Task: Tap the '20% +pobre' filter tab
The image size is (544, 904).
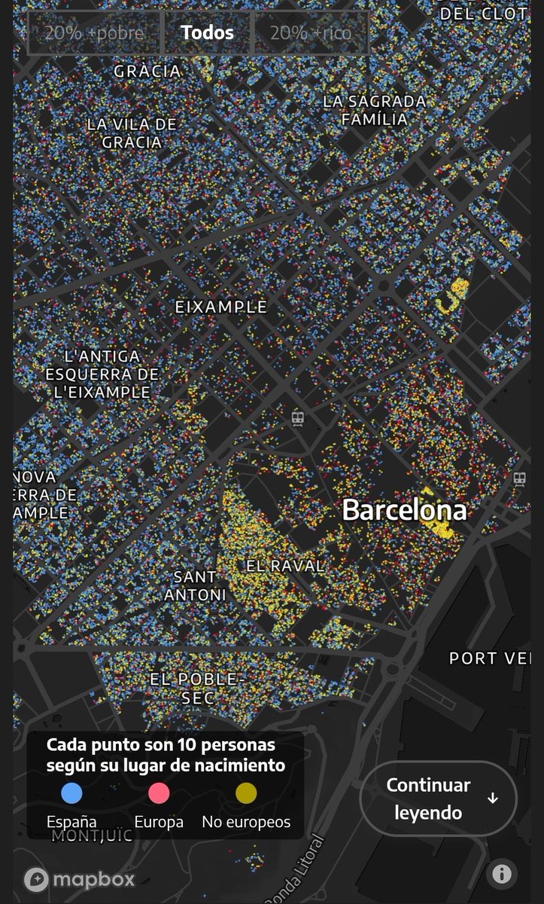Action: pyautogui.click(x=95, y=33)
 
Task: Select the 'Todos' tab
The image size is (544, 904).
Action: pyautogui.click(x=207, y=33)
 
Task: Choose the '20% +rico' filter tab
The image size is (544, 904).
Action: pyautogui.click(x=310, y=33)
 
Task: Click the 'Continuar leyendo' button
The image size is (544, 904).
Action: pyautogui.click(x=438, y=799)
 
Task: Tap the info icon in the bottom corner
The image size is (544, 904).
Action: pyautogui.click(x=501, y=874)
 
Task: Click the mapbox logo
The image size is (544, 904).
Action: pyautogui.click(x=80, y=879)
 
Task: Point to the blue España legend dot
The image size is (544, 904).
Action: pyautogui.click(x=71, y=793)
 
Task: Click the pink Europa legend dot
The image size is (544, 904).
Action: pyautogui.click(x=159, y=793)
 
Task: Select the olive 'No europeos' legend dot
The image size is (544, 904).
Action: pyautogui.click(x=246, y=793)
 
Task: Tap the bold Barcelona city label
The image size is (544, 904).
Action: pyautogui.click(x=404, y=510)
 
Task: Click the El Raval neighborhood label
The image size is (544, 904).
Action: pyautogui.click(x=285, y=565)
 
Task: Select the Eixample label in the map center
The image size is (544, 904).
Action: pyautogui.click(x=220, y=307)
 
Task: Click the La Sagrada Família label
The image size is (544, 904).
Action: pyautogui.click(x=375, y=110)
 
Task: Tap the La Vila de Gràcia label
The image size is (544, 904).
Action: pyautogui.click(x=132, y=133)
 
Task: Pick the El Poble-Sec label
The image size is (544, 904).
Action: pyautogui.click(x=193, y=689)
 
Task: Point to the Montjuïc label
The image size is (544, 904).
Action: pyautogui.click(x=92, y=835)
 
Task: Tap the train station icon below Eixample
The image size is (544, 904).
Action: pyautogui.click(x=299, y=419)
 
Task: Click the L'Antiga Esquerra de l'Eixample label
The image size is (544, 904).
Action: pyautogui.click(x=102, y=374)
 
